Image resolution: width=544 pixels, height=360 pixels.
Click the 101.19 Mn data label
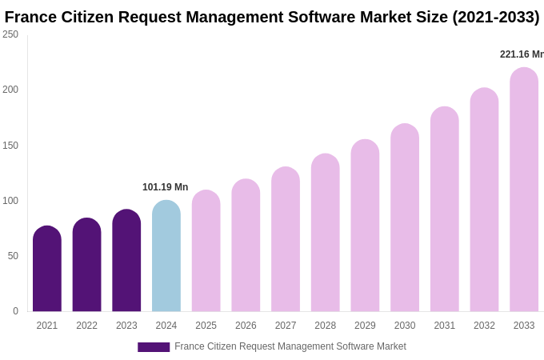point(165,187)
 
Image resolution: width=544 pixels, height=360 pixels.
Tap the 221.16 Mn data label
point(522,54)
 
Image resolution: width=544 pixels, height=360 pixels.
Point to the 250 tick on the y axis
point(10,34)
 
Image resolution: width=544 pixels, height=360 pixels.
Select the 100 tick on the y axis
point(10,201)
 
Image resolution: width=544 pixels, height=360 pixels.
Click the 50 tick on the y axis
point(13,256)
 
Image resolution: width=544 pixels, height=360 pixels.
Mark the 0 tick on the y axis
point(15,311)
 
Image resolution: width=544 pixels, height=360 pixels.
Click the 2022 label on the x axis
point(86,326)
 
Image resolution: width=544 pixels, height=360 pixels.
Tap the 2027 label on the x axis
point(286,326)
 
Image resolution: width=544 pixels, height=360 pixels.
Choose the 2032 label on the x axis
point(484,326)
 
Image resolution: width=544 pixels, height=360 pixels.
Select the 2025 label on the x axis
point(206,326)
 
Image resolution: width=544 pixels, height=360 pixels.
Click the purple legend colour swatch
point(154,347)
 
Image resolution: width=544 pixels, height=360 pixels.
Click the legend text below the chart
point(290,346)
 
